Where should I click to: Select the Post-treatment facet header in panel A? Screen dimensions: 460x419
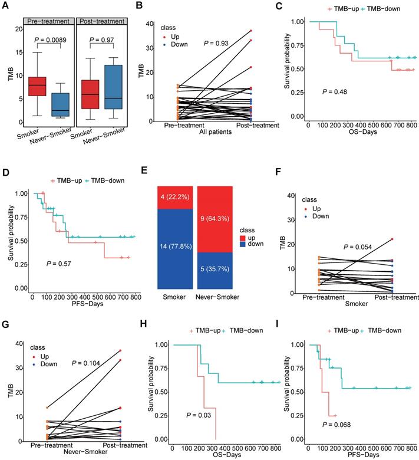pos(103,21)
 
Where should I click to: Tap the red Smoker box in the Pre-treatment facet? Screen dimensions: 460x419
pos(38,86)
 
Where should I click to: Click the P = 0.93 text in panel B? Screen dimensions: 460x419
pos(217,44)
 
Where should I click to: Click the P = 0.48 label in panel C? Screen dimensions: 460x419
pos(334,92)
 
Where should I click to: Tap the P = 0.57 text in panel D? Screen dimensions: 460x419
pos(60,262)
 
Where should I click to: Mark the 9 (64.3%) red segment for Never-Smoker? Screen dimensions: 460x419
pos(215,224)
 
